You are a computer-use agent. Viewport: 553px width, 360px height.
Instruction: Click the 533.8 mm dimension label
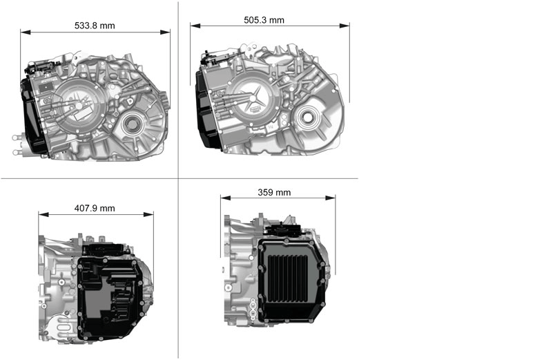[95, 26]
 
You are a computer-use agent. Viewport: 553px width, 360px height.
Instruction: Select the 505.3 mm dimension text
[264, 20]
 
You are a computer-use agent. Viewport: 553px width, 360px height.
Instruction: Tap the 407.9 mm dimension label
[95, 208]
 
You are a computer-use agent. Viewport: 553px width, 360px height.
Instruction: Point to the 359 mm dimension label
[274, 192]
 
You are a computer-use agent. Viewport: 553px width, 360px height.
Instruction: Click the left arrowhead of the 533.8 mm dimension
[26, 32]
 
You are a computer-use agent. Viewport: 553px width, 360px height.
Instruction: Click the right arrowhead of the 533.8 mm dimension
[165, 32]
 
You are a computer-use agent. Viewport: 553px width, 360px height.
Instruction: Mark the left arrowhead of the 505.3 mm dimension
[195, 26]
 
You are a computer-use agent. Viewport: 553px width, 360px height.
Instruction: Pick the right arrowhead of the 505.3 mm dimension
[345, 26]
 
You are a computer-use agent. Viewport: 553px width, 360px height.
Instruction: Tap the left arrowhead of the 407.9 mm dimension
[43, 215]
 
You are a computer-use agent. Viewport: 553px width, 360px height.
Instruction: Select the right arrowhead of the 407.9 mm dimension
[148, 215]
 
